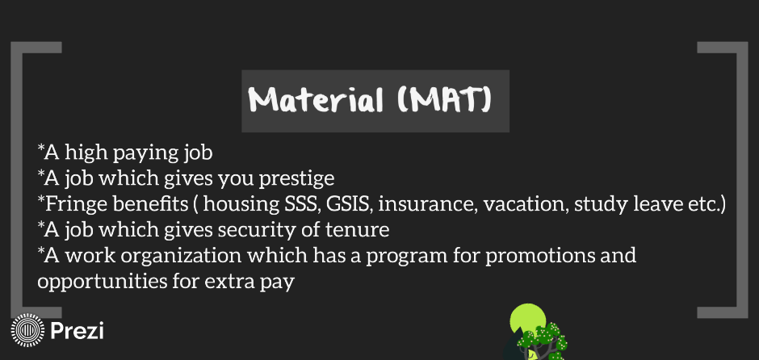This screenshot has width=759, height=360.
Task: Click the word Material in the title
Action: click(316, 100)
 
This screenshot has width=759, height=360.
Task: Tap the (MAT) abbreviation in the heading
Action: click(445, 100)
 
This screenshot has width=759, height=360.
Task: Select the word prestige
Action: click(296, 179)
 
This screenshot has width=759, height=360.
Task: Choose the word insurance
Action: click(427, 204)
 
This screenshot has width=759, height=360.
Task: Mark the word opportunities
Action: click(102, 282)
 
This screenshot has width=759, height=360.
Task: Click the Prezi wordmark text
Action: click(77, 330)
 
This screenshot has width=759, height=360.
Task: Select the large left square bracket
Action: click(17, 180)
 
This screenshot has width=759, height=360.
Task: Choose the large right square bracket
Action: click(742, 180)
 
